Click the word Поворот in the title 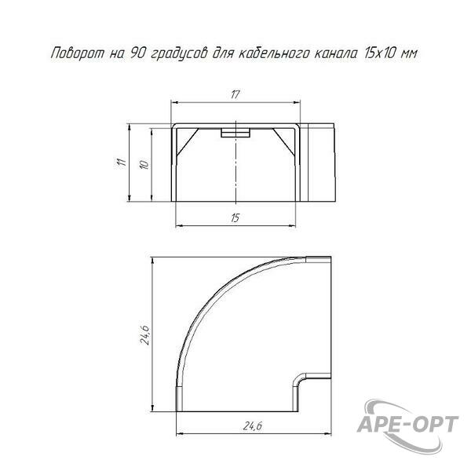(78, 53)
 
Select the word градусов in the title (179, 55)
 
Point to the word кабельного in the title (275, 53)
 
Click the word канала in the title (336, 54)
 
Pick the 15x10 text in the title (381, 53)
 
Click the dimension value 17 (235, 95)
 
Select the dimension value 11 (122, 162)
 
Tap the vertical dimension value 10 (144, 165)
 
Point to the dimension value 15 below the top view (235, 217)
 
